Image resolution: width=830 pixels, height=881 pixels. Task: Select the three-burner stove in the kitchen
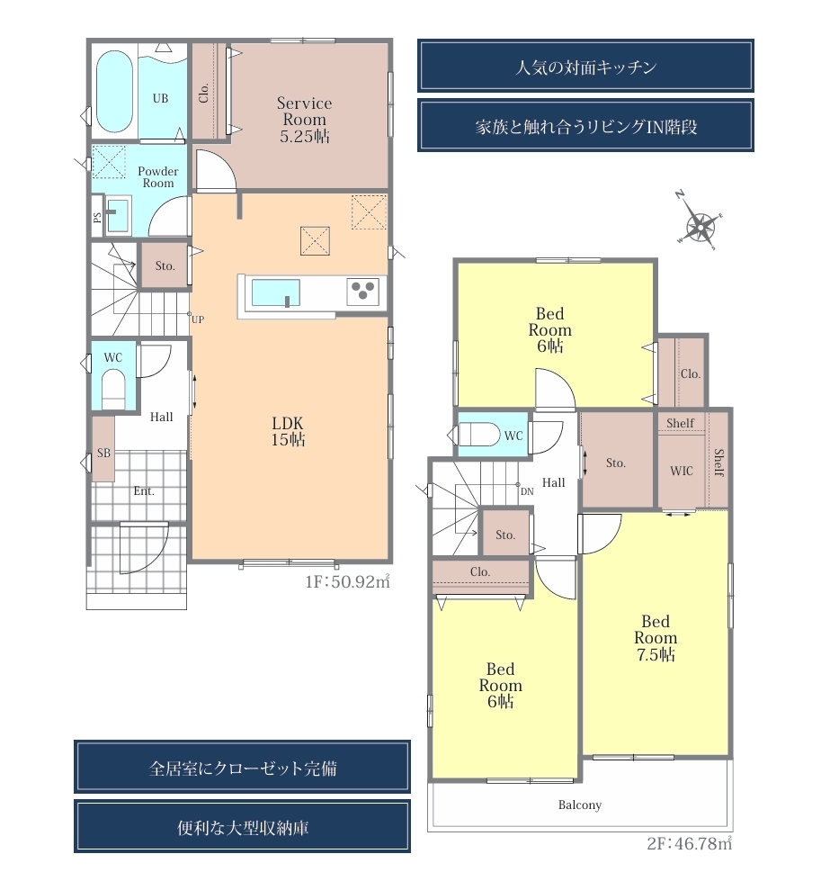coord(362,292)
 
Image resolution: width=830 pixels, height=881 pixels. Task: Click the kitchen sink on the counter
coord(275,292)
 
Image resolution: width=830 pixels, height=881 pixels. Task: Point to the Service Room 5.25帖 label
coord(304,119)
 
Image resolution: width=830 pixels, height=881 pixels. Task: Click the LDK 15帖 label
coord(288,432)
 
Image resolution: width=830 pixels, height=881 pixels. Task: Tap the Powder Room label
coord(157,177)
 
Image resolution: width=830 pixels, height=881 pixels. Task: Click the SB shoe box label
coord(103,453)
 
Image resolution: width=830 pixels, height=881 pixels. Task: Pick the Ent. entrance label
coord(144,491)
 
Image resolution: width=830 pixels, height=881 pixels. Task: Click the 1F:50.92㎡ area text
coord(348,581)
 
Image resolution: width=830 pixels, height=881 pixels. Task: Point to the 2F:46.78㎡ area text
coord(690,843)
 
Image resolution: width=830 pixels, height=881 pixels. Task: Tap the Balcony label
coord(579,805)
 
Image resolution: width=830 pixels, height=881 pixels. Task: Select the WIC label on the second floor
coord(682,471)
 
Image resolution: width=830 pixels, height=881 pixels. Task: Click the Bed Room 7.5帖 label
coord(656,638)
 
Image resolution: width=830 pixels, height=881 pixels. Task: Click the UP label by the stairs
coord(198,319)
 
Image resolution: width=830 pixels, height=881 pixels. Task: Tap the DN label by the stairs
coord(527,491)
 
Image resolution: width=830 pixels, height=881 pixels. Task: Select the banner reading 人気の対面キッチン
coord(585,66)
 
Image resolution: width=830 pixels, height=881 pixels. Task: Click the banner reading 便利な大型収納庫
coord(242,826)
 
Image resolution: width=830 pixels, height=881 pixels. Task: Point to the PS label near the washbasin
coord(98,217)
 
